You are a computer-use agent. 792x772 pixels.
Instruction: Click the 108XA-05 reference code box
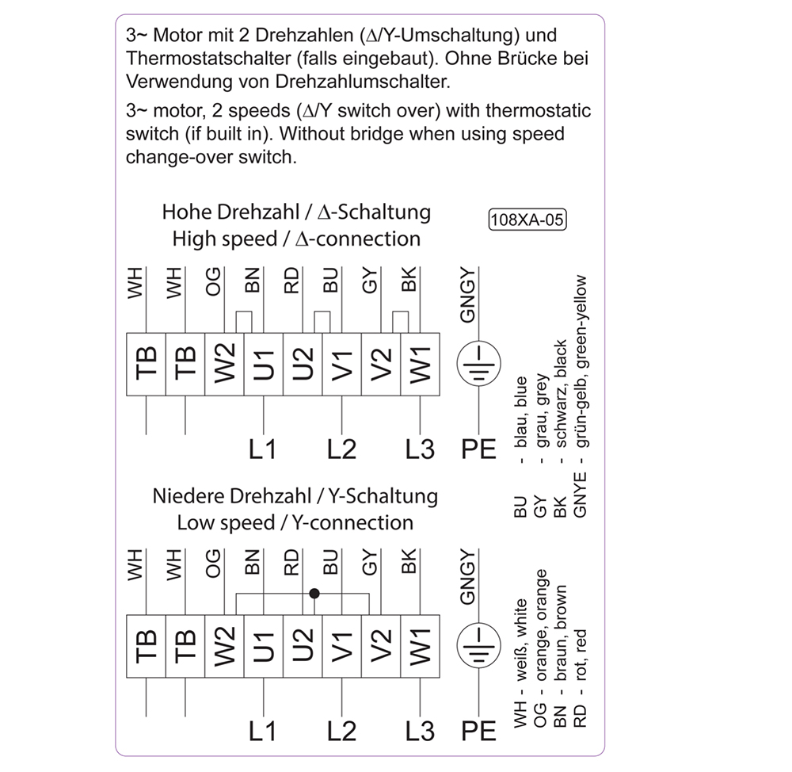point(527,220)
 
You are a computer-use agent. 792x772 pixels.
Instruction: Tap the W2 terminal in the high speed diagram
point(224,365)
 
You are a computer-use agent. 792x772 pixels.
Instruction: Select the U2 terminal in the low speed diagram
point(303,646)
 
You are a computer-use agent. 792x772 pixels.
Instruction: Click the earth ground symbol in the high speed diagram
point(479,364)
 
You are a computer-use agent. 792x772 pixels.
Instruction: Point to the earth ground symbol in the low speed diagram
point(479,646)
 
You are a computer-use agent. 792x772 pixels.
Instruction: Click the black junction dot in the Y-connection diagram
point(314,594)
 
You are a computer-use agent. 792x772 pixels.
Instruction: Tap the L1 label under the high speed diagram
point(263,449)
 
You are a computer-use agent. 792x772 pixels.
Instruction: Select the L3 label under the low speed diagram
point(420,732)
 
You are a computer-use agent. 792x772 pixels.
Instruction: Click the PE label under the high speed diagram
point(479,449)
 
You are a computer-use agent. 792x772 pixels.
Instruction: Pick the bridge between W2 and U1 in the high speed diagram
point(244,323)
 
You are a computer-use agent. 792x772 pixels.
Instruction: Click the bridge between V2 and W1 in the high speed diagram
point(401,323)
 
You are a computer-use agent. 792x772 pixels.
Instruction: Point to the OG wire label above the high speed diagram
point(213,281)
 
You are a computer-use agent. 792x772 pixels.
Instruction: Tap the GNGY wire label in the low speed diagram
point(468,577)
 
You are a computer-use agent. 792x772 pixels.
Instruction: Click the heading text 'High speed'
point(225,239)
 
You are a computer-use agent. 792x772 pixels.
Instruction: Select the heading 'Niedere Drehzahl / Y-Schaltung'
point(295,496)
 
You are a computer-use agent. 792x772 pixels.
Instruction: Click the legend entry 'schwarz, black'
point(560,394)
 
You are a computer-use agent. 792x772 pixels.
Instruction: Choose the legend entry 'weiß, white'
point(520,640)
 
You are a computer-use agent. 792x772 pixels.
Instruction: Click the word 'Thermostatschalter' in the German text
point(208,59)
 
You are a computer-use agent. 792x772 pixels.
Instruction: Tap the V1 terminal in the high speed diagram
point(341,365)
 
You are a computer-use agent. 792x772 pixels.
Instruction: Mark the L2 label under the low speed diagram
point(341,732)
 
